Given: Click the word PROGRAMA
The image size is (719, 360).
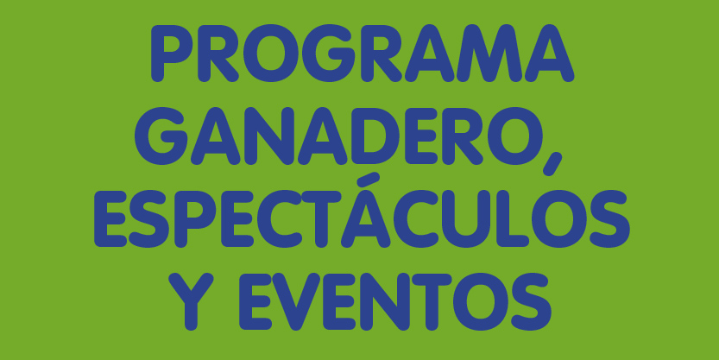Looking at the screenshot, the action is pyautogui.click(x=363, y=54).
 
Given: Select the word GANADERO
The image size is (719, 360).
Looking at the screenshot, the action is pyautogui.click(x=338, y=136).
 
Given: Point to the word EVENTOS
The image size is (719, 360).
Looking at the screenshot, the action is pyautogui.click(x=395, y=302).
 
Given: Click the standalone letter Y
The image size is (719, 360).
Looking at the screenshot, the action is pyautogui.click(x=191, y=302).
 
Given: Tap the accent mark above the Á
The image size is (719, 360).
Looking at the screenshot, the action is pyautogui.click(x=369, y=180).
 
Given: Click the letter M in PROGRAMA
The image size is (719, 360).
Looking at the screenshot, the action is pyautogui.click(x=489, y=54).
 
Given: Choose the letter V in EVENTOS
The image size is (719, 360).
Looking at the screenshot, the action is pyautogui.click(x=296, y=302).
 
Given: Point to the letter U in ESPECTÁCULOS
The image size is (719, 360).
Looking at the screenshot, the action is pyautogui.click(x=466, y=219).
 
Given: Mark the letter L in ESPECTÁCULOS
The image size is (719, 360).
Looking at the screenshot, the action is pyautogui.click(x=513, y=218).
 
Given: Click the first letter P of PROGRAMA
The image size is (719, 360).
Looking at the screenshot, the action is pyautogui.click(x=172, y=54).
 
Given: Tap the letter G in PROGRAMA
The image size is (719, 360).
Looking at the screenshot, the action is pyautogui.click(x=328, y=54).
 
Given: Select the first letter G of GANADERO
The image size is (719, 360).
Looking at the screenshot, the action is pyautogui.click(x=161, y=136).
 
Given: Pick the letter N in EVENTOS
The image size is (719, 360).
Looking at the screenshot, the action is pyautogui.click(x=385, y=302).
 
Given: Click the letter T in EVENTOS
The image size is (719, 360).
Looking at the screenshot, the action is pyautogui.click(x=432, y=302).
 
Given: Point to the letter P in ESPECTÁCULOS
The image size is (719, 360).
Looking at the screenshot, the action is pyautogui.click(x=195, y=218).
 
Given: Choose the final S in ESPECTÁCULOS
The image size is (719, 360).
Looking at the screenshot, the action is pyautogui.click(x=610, y=218).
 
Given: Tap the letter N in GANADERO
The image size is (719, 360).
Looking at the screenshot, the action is pyautogui.click(x=269, y=136).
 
